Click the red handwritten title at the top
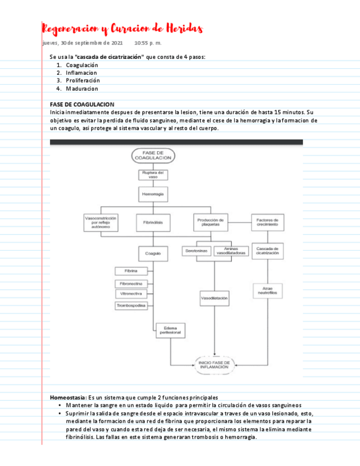point(123,28)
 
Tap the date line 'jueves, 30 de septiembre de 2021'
point(82,43)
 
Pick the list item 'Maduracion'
point(82,88)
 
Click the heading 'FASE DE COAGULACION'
point(82,104)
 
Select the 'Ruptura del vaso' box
point(153,175)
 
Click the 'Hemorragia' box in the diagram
point(153,194)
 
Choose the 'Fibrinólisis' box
point(153,222)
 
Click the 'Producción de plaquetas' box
point(208,222)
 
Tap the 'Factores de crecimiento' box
point(268,222)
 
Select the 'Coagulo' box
point(153,253)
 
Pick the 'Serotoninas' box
point(196,251)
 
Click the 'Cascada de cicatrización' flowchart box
point(268,251)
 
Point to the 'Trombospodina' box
point(130,305)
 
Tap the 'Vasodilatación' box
point(214,298)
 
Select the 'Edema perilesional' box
point(170,330)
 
